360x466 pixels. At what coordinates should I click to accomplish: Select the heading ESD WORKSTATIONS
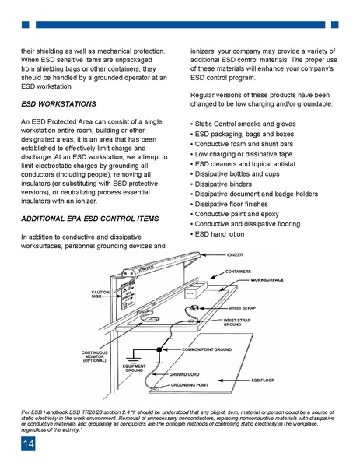tap(59, 103)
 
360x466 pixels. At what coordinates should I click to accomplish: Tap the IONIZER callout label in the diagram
tap(237, 254)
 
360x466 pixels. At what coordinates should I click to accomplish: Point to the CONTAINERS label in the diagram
tap(239, 271)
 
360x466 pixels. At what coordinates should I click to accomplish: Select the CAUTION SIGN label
tap(100, 295)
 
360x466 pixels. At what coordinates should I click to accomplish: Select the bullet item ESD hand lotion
tap(221, 234)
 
